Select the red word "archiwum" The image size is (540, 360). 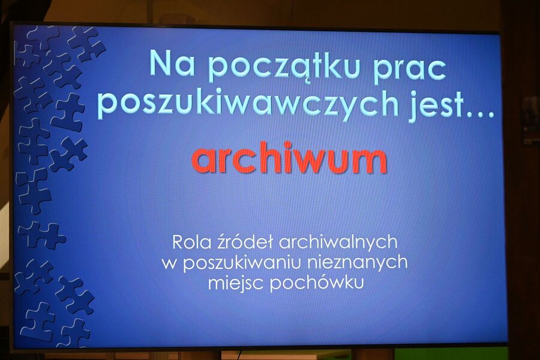(x=289, y=159)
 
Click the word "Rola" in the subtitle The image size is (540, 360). (x=190, y=242)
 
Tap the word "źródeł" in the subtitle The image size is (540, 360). (x=245, y=242)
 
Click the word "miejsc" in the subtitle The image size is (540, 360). (x=236, y=283)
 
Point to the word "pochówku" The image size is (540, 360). (x=317, y=283)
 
